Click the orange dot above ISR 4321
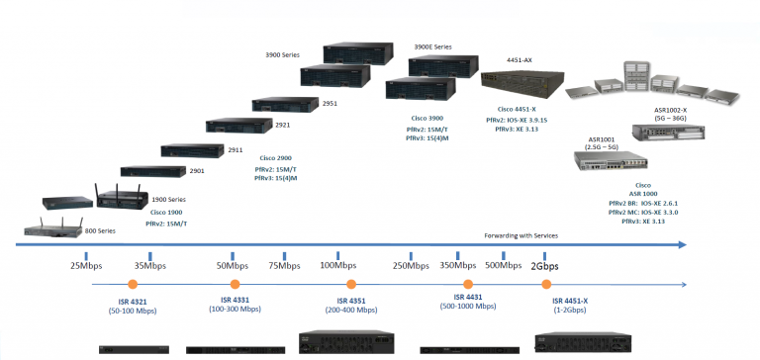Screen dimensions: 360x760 [136, 287]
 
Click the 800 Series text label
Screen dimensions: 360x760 [100, 229]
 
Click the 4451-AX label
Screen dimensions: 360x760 [520, 59]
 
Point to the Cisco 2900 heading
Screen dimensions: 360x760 [276, 157]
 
